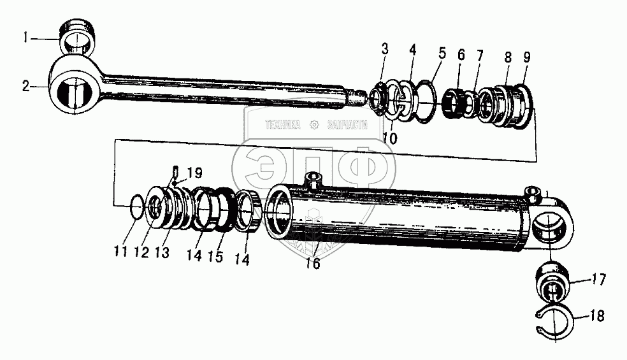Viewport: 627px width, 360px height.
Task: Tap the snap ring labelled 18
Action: tap(554, 321)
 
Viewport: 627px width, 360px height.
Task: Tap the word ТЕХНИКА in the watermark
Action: tap(282, 126)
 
